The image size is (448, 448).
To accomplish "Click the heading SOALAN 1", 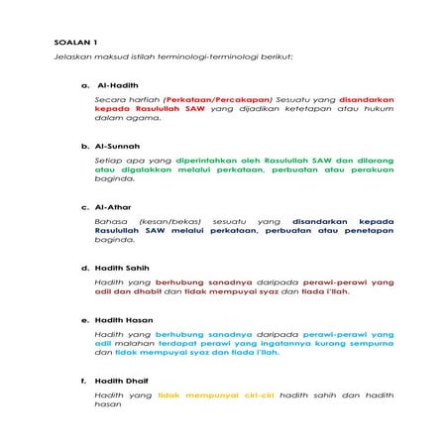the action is tap(76, 43).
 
